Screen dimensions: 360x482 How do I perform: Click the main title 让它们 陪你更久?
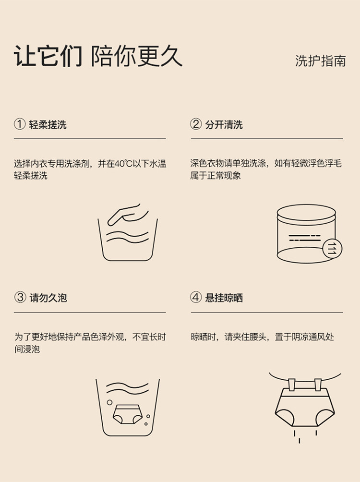tap(98, 56)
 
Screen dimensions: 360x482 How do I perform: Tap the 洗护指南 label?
tap(320, 61)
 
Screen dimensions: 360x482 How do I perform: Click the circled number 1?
tap(20, 124)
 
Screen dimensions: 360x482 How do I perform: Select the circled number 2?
tap(196, 124)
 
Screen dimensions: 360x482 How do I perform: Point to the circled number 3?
tap(20, 297)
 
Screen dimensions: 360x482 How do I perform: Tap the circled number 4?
tap(196, 297)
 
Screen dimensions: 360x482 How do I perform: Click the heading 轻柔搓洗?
tap(48, 125)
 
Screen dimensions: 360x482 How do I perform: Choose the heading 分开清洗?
tap(224, 125)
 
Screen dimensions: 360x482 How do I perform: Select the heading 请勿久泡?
tap(48, 298)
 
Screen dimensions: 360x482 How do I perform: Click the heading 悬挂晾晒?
tap(224, 298)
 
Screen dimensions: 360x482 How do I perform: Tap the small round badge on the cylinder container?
tap(332, 248)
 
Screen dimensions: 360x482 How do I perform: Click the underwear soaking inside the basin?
tap(128, 414)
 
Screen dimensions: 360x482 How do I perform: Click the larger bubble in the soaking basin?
tap(109, 402)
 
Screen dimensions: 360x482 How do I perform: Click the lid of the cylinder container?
tap(306, 213)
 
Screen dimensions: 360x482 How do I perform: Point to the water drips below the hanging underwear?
tap(305, 436)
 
